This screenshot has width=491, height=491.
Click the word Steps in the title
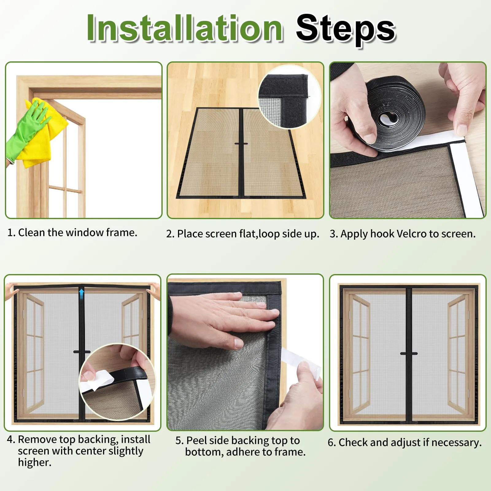point(346,30)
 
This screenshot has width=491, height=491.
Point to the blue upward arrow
point(81,294)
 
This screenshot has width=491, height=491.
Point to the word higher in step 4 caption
point(35,462)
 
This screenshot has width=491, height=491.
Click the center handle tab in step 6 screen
point(409,354)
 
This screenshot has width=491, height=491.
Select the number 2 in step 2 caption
point(170,234)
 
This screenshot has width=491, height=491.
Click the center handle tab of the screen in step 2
point(241,144)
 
